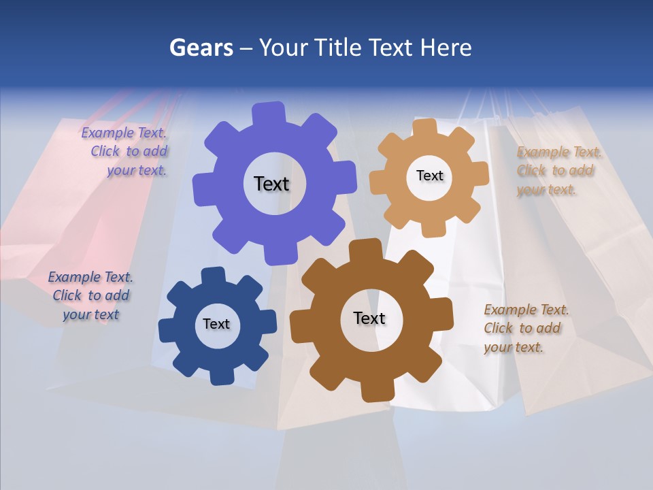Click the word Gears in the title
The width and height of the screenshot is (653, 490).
coord(201,48)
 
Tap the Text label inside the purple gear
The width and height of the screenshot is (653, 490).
coord(271,184)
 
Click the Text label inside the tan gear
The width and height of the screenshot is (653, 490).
coord(429,176)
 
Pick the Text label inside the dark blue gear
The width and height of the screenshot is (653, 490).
coord(216,324)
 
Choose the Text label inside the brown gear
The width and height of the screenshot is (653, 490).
coord(369,318)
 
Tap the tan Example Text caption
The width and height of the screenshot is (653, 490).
coord(558,170)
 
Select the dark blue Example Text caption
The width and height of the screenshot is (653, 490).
coord(90,295)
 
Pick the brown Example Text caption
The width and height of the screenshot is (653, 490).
coord(525,328)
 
